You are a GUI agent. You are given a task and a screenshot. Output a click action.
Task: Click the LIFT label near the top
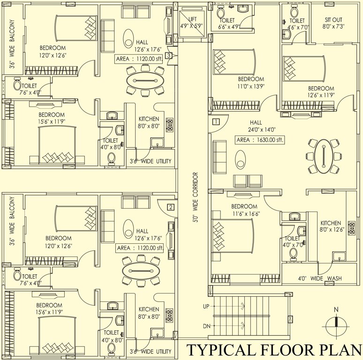[x=193, y=19]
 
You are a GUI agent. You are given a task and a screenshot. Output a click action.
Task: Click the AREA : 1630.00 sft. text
[x=260, y=140]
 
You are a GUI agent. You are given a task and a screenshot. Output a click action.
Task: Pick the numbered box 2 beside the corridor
[x=171, y=207]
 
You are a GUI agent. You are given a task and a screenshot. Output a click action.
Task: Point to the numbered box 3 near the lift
[x=173, y=55]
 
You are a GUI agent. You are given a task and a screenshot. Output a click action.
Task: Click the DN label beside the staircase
[x=205, y=326]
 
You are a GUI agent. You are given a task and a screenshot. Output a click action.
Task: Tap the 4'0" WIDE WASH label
[x=320, y=278]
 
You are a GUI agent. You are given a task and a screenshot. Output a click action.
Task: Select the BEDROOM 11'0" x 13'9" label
[x=250, y=82]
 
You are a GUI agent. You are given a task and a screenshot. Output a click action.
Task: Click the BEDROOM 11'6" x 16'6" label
[x=244, y=210]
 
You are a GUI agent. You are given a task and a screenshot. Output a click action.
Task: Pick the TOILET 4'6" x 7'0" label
[x=297, y=24]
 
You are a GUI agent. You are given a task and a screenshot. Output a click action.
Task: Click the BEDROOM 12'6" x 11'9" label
[x=321, y=92]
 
